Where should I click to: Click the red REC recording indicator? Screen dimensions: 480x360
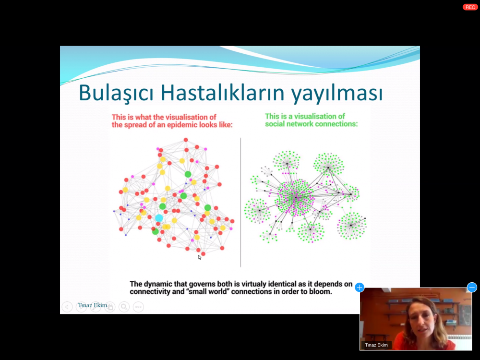click(x=470, y=7)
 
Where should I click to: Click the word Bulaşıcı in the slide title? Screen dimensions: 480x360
click(x=116, y=93)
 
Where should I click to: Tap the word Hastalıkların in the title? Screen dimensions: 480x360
click(x=223, y=93)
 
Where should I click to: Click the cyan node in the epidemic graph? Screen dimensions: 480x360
click(x=159, y=218)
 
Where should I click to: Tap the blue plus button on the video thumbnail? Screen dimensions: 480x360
click(x=360, y=287)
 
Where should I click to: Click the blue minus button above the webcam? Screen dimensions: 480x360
click(x=472, y=287)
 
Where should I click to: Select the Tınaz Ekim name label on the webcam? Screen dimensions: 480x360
click(x=376, y=345)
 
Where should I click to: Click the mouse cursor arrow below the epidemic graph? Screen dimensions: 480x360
click(x=200, y=257)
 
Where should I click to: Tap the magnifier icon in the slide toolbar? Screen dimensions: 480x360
click(x=124, y=307)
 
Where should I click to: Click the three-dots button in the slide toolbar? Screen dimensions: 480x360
click(x=138, y=307)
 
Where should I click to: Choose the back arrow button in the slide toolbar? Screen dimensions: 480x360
click(x=67, y=307)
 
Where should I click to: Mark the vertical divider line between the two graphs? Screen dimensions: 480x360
click(x=240, y=203)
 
